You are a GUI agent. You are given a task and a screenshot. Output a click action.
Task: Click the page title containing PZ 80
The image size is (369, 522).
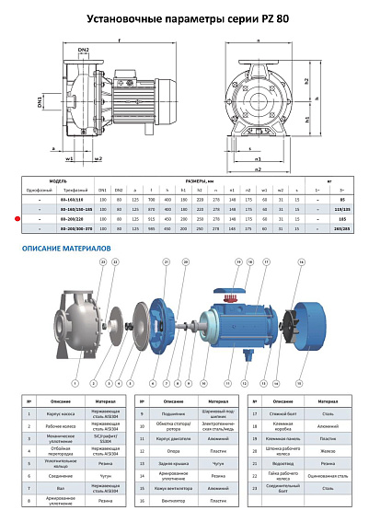coord(184,17)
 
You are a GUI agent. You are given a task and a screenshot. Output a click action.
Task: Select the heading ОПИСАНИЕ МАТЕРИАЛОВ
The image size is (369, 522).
coord(67,249)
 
